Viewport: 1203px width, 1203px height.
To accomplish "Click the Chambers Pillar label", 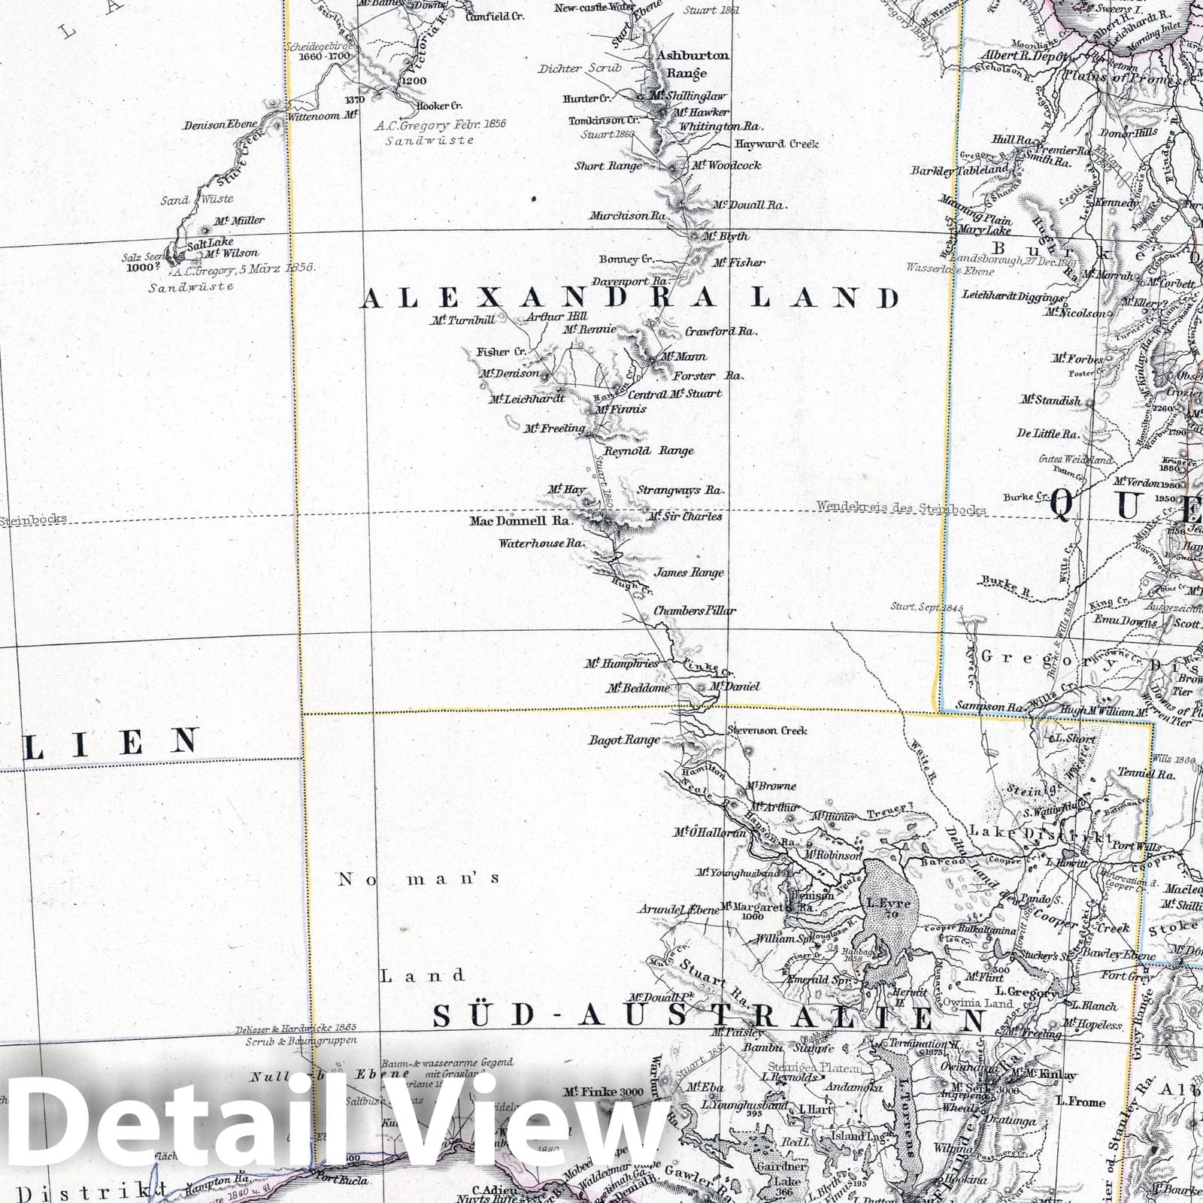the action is pos(694,611).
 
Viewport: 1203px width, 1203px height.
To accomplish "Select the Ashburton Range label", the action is pos(692,64).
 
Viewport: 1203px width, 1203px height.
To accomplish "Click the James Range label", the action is pos(688,572).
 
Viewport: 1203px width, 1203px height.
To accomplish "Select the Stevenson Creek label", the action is pos(766,730).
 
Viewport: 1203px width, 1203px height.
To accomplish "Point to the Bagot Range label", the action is pos(623,740).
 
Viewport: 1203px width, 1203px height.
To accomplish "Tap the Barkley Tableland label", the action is pos(959,171).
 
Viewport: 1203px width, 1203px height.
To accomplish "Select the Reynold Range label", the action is pos(649,450).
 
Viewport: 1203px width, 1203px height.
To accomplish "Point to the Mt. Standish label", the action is pos(1050,401).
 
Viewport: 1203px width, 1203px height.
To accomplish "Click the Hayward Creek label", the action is pos(776,144).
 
